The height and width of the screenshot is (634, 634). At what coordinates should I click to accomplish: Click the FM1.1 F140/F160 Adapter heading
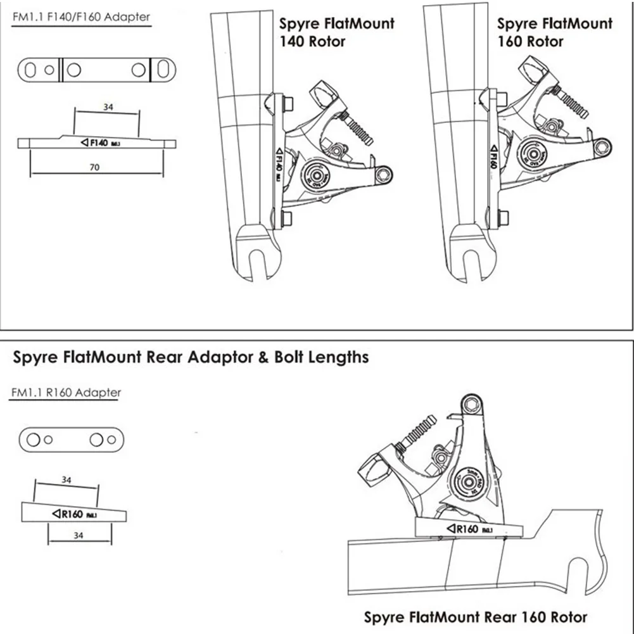[82, 17]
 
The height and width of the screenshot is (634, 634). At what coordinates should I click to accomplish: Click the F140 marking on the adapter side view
[101, 143]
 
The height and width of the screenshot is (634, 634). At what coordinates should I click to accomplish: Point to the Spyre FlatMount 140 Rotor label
[336, 32]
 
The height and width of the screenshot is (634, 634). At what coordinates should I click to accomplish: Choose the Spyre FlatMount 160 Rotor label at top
[554, 32]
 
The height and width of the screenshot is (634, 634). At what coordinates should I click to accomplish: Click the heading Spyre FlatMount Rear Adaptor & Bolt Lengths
[191, 357]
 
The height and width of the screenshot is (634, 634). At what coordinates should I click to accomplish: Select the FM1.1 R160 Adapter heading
[66, 393]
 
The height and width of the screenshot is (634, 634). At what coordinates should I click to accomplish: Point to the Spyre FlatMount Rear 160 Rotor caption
[475, 616]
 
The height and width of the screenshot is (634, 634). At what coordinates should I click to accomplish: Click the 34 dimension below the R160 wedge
[80, 536]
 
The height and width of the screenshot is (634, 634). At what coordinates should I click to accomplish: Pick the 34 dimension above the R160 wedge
[67, 480]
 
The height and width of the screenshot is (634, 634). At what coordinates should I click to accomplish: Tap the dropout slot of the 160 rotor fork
[472, 263]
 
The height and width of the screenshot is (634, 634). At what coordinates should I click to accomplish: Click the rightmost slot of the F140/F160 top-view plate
[163, 69]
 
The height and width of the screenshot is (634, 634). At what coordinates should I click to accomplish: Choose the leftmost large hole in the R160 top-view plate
[34, 439]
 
